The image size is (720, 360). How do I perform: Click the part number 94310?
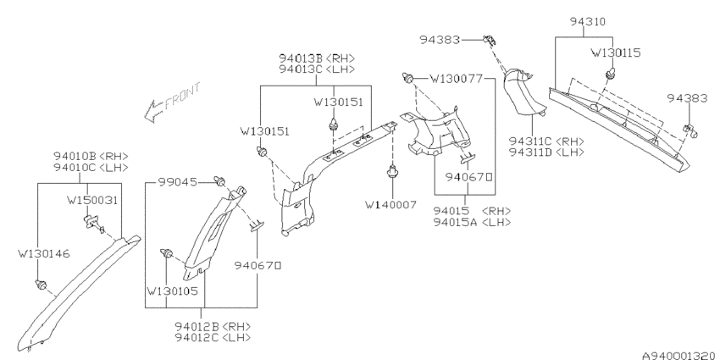pyautogui.click(x=588, y=21)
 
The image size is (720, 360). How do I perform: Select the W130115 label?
pyautogui.click(x=615, y=53)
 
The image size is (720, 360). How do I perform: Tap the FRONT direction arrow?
pyautogui.click(x=172, y=102)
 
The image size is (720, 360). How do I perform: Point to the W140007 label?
pyautogui.click(x=390, y=205)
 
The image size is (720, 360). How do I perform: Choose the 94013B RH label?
pyautogui.click(x=317, y=58)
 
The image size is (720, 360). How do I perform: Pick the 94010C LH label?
pyautogui.click(x=91, y=167)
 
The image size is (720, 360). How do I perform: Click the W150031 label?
pyautogui.click(x=92, y=200)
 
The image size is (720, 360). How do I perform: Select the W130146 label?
pyautogui.click(x=43, y=253)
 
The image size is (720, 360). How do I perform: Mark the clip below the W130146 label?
pyautogui.click(x=41, y=285)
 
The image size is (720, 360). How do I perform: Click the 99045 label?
pyautogui.click(x=178, y=182)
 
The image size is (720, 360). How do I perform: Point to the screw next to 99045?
pyautogui.click(x=220, y=182)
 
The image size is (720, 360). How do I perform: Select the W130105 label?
pyautogui.click(x=172, y=291)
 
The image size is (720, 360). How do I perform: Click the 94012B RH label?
pyautogui.click(x=213, y=326)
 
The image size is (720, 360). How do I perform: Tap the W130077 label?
pyautogui.click(x=456, y=79)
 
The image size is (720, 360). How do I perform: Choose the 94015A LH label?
pyautogui.click(x=473, y=222)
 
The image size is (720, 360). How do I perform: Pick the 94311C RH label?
pyautogui.click(x=546, y=141)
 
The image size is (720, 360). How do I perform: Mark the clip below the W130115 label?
pyautogui.click(x=610, y=73)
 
